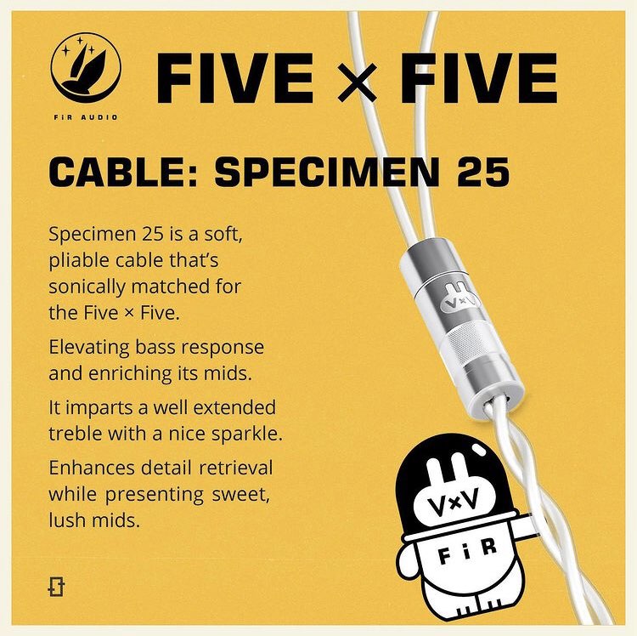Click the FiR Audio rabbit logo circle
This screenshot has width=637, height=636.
tap(86, 67)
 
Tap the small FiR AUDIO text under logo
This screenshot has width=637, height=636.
tap(86, 117)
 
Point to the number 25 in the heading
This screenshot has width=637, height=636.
tap(483, 172)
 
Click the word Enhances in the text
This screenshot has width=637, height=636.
tap(92, 468)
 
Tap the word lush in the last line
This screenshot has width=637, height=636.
tap(65, 520)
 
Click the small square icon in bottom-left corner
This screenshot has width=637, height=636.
tap(56, 586)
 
